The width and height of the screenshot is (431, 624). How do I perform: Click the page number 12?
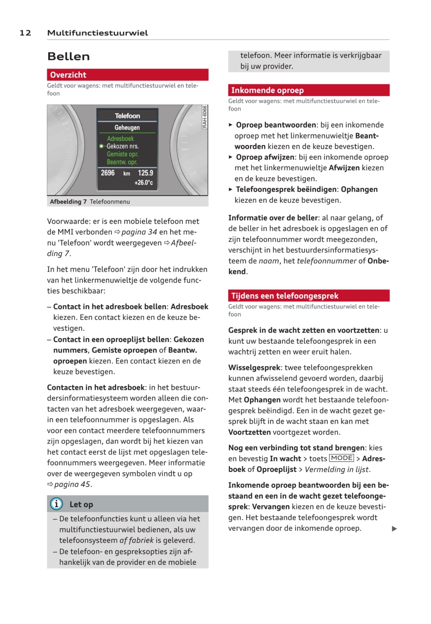click(x=25, y=33)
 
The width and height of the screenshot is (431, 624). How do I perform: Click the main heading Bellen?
click(x=69, y=57)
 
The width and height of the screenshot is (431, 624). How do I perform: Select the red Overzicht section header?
click(x=128, y=75)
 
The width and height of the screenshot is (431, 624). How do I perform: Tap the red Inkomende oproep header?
click(x=308, y=90)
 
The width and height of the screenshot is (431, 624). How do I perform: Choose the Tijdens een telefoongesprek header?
click(x=308, y=296)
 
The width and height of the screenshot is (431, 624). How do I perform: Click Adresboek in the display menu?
click(x=120, y=138)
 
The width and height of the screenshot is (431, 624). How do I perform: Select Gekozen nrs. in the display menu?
click(x=123, y=146)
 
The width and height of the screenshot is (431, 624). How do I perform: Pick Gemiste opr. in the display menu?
click(x=122, y=154)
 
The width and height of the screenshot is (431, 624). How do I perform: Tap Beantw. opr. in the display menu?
click(x=122, y=162)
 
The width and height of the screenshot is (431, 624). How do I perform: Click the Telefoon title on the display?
click(x=127, y=116)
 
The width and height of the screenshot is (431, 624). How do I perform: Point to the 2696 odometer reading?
click(x=108, y=173)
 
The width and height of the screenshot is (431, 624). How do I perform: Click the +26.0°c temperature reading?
click(x=144, y=183)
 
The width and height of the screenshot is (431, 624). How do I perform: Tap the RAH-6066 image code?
click(x=205, y=117)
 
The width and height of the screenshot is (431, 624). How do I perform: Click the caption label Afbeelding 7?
click(x=68, y=202)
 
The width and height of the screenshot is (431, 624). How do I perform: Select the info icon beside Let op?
click(x=56, y=504)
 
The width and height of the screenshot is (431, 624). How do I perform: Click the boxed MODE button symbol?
click(x=342, y=458)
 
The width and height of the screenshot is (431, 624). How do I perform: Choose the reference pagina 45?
click(x=72, y=484)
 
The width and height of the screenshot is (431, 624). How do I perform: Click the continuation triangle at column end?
click(x=394, y=529)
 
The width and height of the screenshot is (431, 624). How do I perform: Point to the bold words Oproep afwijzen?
click(x=265, y=157)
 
